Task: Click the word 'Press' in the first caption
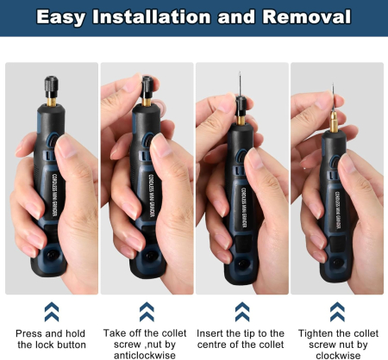coord(30,333)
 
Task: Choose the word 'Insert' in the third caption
coord(213,333)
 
